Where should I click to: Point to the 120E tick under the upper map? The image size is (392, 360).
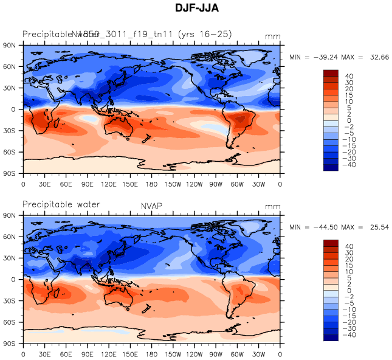pyautogui.click(x=109, y=183)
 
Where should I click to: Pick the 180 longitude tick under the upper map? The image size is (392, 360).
pyautogui.click(x=152, y=183)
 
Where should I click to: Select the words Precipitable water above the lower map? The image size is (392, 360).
pyautogui.click(x=61, y=204)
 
